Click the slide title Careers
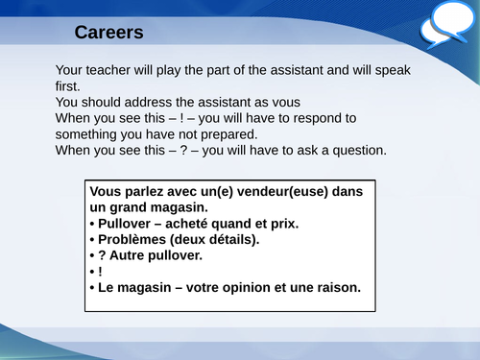click(108, 33)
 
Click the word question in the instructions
click(355, 151)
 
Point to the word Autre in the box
click(131, 256)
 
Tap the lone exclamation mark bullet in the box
click(99, 273)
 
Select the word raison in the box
click(340, 288)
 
